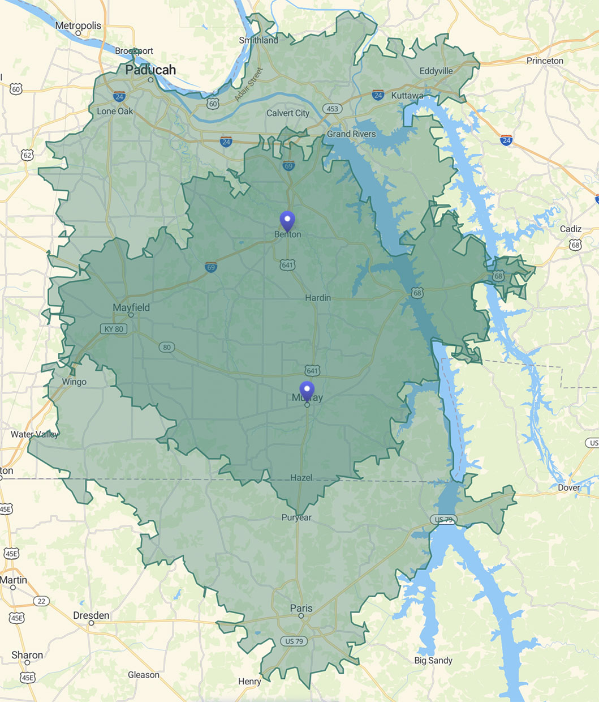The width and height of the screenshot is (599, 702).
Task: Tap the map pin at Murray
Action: click(307, 390)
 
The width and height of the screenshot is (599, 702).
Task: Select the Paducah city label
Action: click(150, 70)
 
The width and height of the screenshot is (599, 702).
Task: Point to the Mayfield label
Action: click(131, 307)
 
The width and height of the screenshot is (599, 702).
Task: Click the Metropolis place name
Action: click(78, 25)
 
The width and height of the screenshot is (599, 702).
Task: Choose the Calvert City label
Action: click(288, 113)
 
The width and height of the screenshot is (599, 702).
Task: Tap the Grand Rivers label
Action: click(351, 134)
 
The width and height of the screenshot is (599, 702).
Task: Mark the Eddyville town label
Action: click(436, 71)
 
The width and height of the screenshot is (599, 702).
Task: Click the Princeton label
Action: click(545, 61)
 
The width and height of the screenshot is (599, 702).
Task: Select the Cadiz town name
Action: click(570, 229)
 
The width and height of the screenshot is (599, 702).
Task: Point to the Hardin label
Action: click(318, 298)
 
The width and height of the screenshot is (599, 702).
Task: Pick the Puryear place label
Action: click(296, 517)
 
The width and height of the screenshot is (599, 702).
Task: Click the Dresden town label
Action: click(91, 615)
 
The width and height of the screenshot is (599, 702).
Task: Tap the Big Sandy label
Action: click(433, 660)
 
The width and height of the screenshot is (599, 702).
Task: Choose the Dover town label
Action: click(569, 487)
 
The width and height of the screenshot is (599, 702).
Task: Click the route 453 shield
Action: click(332, 109)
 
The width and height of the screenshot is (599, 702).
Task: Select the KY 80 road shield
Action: click(114, 329)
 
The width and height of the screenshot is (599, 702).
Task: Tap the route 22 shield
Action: click(41, 601)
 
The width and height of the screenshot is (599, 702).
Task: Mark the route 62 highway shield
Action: click(27, 155)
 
